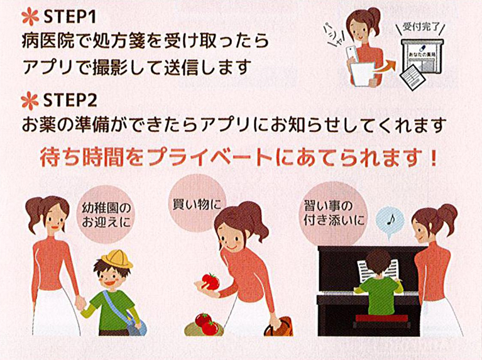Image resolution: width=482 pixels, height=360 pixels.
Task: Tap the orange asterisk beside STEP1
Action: (x=29, y=14)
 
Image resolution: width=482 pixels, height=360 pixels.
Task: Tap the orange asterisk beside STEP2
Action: (x=29, y=99)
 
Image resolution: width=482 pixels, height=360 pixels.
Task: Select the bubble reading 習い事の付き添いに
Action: (x=327, y=214)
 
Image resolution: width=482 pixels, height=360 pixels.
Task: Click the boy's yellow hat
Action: (x=116, y=258)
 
